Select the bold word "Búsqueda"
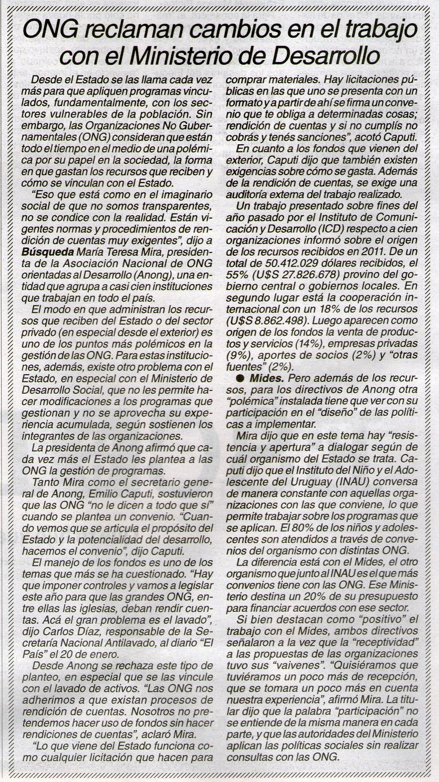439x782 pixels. tap(43, 237)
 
